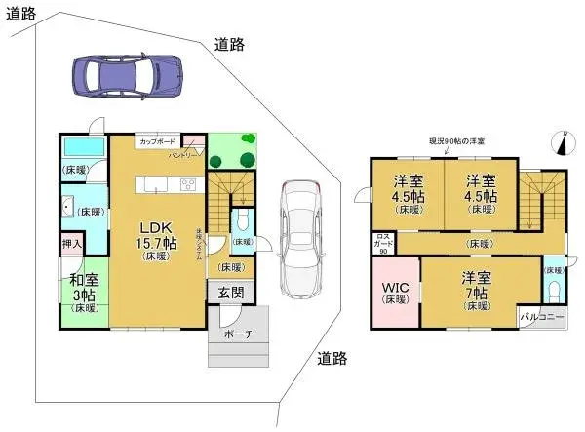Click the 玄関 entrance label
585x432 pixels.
click(x=231, y=291)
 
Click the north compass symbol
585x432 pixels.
click(x=561, y=143)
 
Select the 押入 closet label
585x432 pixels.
click(x=72, y=241)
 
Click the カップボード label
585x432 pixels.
click(x=156, y=142)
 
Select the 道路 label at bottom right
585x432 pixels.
click(x=331, y=358)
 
